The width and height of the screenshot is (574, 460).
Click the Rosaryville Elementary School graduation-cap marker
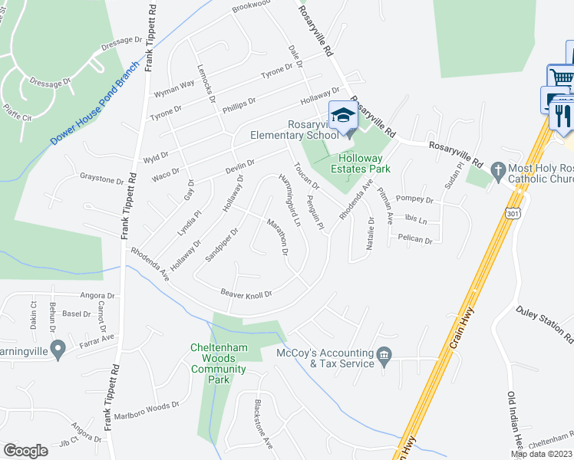click(343, 116)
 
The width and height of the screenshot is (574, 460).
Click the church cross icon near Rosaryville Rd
click(496, 169)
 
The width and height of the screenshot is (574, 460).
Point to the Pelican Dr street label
click(414, 241)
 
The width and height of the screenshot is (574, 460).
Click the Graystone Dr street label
click(102, 180)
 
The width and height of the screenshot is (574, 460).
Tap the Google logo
click(26, 451)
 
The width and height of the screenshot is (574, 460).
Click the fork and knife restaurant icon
click(562, 114)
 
